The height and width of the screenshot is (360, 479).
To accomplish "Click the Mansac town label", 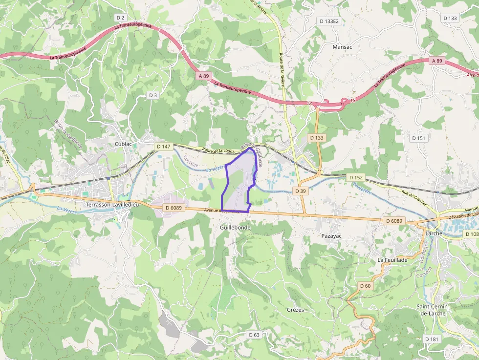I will pyautogui.click(x=342, y=47).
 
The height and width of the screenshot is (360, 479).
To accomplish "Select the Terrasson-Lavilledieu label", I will pyautogui.click(x=112, y=205).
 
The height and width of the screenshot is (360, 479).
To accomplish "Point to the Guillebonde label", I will pyautogui.click(x=235, y=228).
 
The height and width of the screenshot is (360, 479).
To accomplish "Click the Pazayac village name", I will pyautogui.click(x=331, y=236).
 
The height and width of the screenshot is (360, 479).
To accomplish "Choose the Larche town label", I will pyautogui.click(x=434, y=233).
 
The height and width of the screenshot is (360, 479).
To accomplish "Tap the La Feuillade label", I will pyautogui.click(x=392, y=260).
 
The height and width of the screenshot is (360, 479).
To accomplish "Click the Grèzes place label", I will pyautogui.click(x=295, y=310).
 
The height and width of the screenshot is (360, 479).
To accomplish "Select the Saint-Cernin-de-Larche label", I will pyautogui.click(x=433, y=310).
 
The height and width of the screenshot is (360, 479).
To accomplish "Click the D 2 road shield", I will pyautogui.click(x=121, y=18).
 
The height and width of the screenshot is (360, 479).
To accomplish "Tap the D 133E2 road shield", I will pyautogui.click(x=329, y=21).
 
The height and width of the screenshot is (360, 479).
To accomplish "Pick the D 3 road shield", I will pyautogui.click(x=153, y=95).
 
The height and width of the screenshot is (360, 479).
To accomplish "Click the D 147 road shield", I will pyautogui.click(x=164, y=147).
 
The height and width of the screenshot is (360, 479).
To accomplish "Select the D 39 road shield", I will pyautogui.click(x=300, y=191).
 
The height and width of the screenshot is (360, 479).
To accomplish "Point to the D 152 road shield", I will pyautogui.click(x=356, y=177).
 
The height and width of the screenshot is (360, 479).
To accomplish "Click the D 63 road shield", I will pyautogui.click(x=254, y=335).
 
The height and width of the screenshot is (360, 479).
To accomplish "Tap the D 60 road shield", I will pyautogui.click(x=365, y=286).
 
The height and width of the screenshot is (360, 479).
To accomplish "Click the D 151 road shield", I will pyautogui.click(x=419, y=138).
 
